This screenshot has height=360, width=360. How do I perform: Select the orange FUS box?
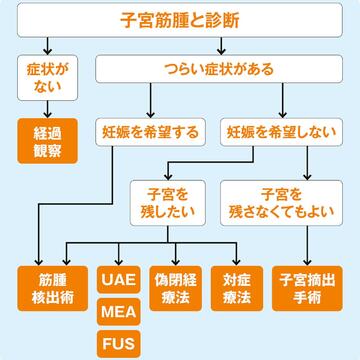click(118, 345)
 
